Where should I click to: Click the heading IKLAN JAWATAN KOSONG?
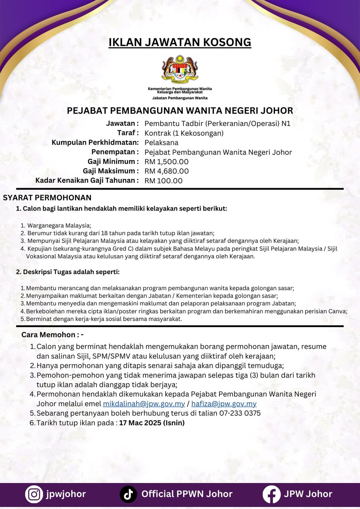coord(180,42)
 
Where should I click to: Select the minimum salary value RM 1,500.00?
coord(167,162)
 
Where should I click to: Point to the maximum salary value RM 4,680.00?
coord(167,171)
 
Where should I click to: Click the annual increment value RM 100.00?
coord(164,181)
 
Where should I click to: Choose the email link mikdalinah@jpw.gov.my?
coord(144,404)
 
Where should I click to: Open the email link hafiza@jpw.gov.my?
coord(224,404)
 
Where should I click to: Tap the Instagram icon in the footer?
coord(34,494)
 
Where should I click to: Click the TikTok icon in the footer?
coord(128,494)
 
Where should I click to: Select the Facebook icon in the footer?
coord(271,494)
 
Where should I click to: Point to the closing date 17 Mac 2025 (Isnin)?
coord(152,423)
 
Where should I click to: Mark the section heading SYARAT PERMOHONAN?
coord(47,198)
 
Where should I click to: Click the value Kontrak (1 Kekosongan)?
coord(184,133)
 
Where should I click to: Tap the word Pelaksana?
coord(161,143)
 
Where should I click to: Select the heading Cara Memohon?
coord(53,334)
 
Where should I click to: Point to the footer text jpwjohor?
coord(66,494)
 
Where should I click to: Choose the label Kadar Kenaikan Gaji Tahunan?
coord(87,181)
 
